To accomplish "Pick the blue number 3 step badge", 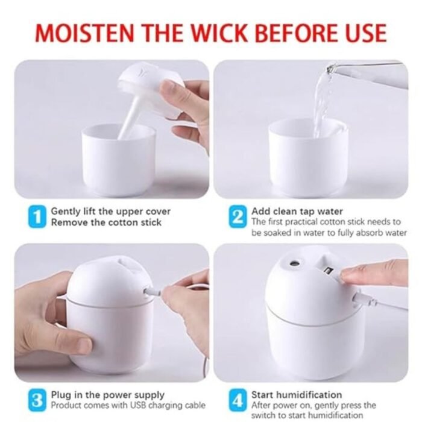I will coord(37,399).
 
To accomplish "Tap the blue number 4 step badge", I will coord(238,399).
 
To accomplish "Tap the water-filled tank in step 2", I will coord(307,157).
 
